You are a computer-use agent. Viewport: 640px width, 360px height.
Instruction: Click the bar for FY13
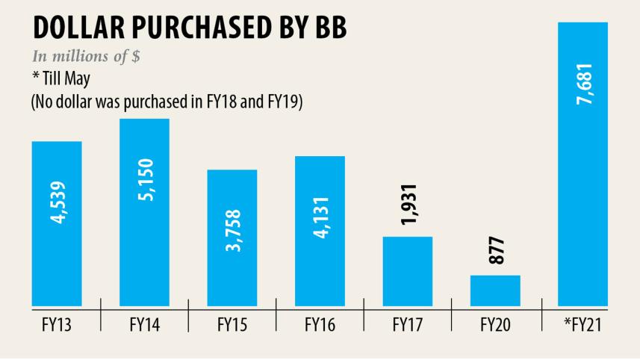[57, 223]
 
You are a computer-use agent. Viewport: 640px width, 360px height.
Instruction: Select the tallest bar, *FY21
[582, 164]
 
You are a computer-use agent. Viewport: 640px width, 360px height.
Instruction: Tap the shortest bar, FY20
[495, 291]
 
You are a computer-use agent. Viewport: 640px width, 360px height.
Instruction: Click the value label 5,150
[145, 181]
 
